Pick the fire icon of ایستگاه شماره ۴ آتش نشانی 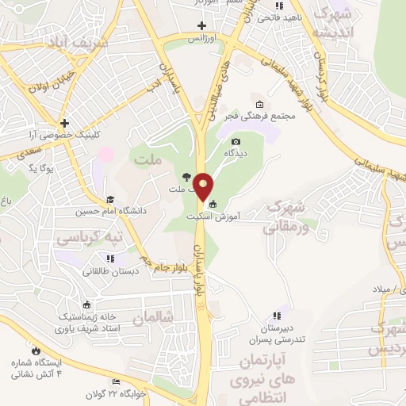point(35,349)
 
